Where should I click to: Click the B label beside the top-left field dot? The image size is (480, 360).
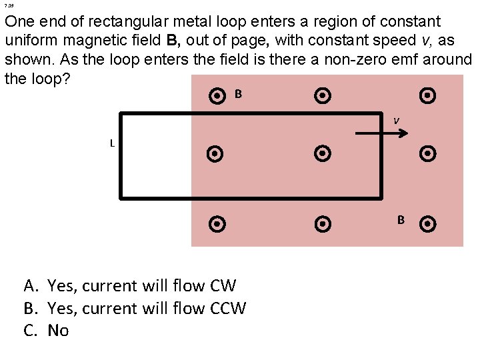(x=238, y=94)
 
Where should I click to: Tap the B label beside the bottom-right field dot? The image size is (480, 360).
(x=401, y=219)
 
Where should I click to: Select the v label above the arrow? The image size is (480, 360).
(x=396, y=121)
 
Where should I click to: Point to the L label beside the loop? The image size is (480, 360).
(x=113, y=143)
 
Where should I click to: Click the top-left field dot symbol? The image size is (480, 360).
(x=217, y=97)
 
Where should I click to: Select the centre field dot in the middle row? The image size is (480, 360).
(x=322, y=154)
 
